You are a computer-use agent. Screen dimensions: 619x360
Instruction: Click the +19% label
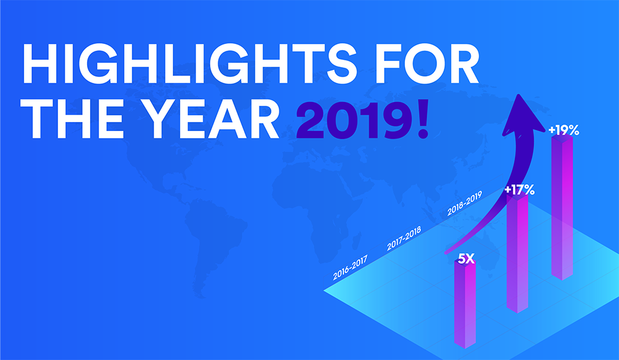563,130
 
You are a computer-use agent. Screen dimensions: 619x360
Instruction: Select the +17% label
519,190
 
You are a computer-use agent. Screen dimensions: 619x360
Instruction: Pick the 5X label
466,259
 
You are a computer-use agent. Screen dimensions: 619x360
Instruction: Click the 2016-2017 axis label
350,268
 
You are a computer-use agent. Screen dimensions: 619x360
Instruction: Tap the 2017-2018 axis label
404,238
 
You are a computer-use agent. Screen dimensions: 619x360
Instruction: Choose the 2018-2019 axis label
465,204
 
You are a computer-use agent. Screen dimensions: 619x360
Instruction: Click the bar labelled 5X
465,304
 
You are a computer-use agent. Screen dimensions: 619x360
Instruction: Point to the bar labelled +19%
562,207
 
